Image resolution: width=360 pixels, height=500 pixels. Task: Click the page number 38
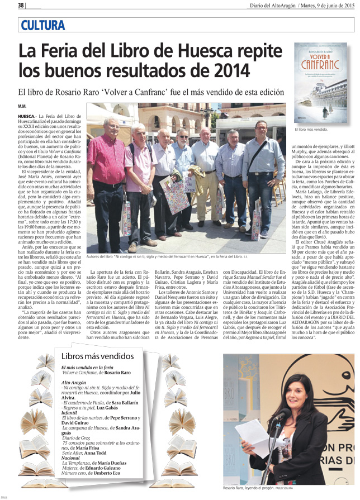pos(21,5)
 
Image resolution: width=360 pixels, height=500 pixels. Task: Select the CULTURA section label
pos(42,25)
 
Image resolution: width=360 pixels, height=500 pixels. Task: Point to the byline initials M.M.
pos(22,106)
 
